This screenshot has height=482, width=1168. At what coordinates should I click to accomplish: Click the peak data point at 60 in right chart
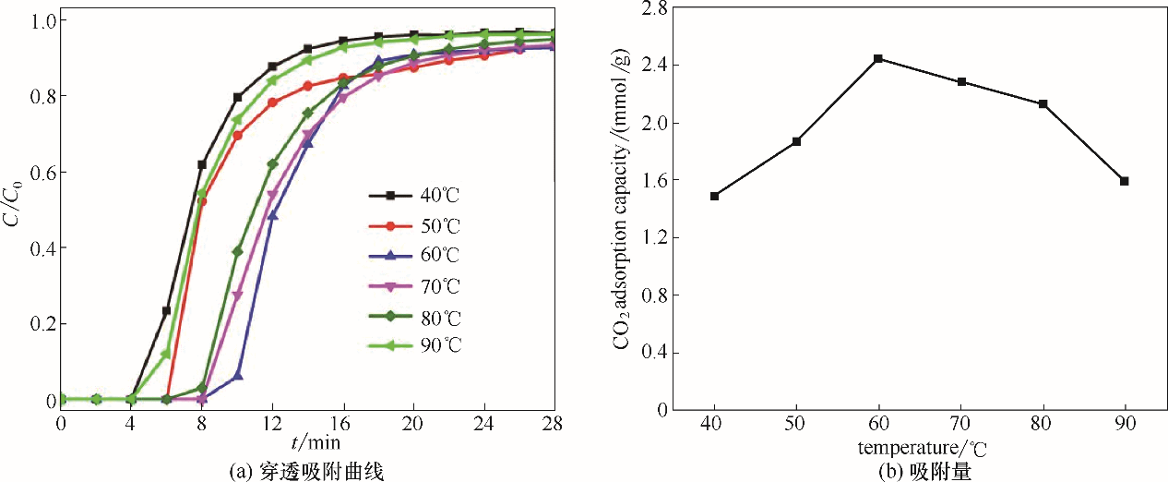(878, 58)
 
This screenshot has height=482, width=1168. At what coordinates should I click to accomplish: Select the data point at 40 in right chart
(714, 196)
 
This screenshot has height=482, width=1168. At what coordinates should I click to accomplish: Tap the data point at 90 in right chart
(1125, 181)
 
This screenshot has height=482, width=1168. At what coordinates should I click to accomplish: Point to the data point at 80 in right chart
(1043, 103)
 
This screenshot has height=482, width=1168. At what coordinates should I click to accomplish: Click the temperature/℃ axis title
(919, 449)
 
